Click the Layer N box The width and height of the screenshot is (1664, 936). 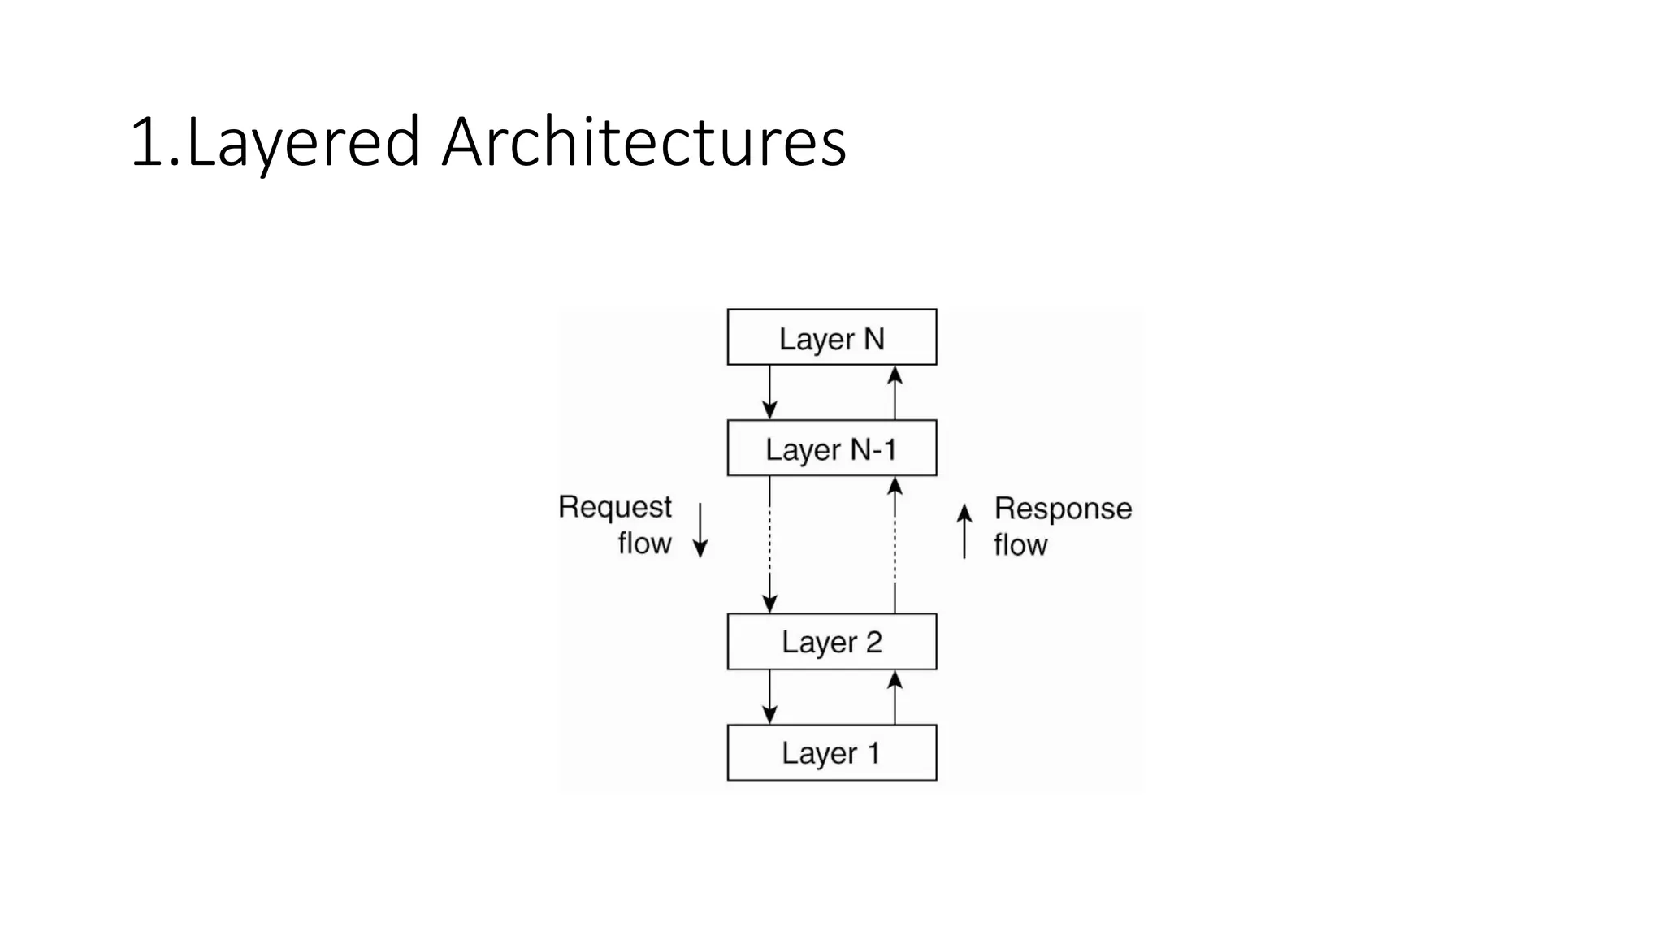(x=831, y=337)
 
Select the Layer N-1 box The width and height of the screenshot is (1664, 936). (x=831, y=448)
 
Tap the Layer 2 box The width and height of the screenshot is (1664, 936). (x=831, y=642)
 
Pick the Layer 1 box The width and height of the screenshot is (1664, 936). (x=831, y=752)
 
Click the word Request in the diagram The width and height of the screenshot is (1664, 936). (x=615, y=508)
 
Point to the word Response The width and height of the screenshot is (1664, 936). (x=1063, y=509)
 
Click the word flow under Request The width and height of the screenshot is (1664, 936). (x=644, y=544)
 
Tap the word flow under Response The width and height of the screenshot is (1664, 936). (x=1020, y=545)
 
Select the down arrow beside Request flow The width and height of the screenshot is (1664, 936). (x=700, y=531)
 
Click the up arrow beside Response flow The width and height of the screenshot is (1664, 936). (x=964, y=531)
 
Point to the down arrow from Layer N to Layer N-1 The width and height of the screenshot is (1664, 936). (x=769, y=392)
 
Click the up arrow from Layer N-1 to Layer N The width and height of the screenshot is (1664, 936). (x=895, y=392)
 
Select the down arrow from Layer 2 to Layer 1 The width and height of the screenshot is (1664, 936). (x=769, y=697)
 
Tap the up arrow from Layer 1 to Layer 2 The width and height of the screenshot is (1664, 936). (x=895, y=697)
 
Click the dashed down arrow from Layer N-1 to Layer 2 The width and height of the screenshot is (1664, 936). (x=769, y=544)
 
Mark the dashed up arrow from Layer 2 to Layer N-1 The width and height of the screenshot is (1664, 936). (x=895, y=544)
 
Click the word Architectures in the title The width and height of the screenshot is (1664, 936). (x=643, y=142)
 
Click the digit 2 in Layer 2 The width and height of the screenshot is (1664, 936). (x=873, y=642)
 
